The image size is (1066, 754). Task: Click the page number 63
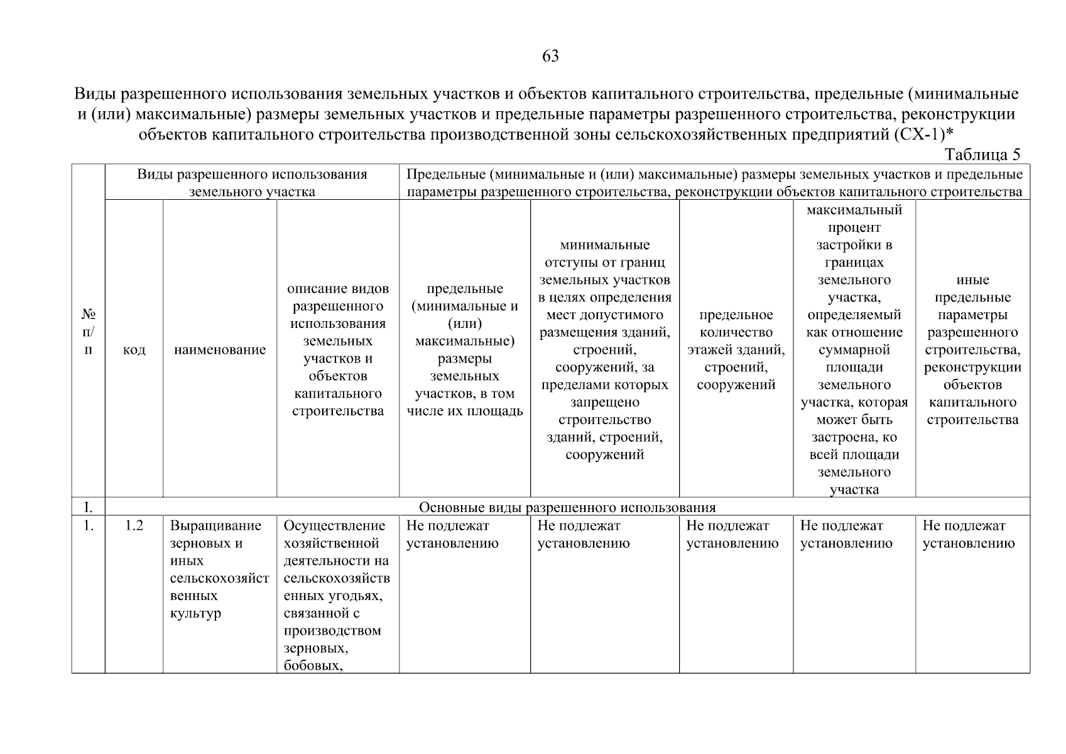click(550, 57)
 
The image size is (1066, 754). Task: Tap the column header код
click(134, 350)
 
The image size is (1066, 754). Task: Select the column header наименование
click(220, 350)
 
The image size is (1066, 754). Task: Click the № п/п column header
click(88, 332)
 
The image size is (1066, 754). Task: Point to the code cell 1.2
click(134, 526)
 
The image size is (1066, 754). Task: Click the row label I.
click(88, 507)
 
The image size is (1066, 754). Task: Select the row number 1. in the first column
click(88, 526)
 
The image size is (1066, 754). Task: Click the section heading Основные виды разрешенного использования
click(567, 507)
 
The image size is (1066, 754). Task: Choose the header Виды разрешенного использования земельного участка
click(252, 183)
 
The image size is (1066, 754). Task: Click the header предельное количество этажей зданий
click(736, 350)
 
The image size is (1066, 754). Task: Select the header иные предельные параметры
click(972, 350)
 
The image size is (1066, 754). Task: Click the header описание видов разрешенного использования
click(338, 350)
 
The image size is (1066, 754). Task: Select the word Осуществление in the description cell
click(334, 526)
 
